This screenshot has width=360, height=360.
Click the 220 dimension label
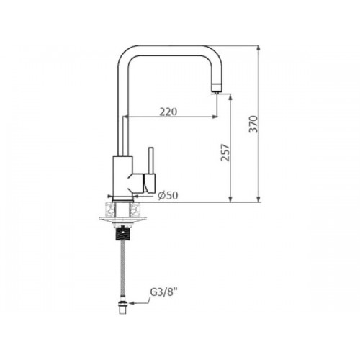click(168, 112)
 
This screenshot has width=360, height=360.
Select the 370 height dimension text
click(253, 124)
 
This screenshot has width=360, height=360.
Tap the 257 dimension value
click(225, 153)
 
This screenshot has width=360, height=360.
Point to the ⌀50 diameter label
click(168, 196)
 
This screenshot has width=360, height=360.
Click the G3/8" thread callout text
click(161, 293)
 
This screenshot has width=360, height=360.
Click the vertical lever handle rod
click(151, 160)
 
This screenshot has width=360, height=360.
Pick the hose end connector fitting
click(123, 307)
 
